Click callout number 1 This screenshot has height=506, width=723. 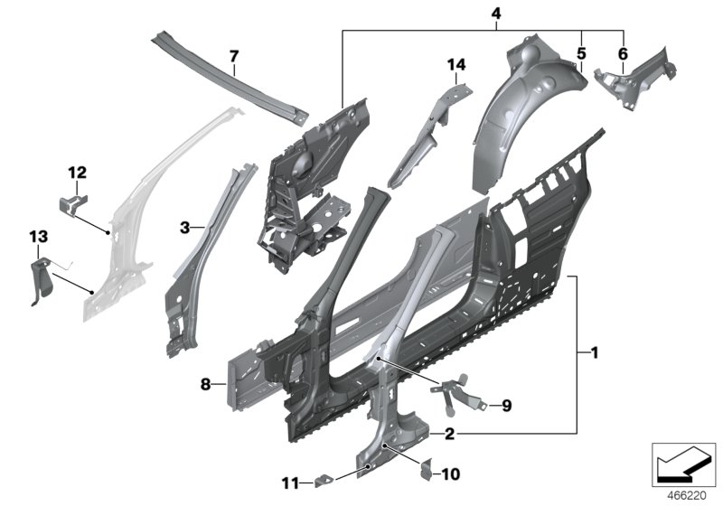coord(594,351)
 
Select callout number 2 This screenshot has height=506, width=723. coord(449,434)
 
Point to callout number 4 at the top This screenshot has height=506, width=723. coord(495,13)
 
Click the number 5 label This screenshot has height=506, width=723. coord(581,53)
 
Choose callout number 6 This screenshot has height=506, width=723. coord(622,53)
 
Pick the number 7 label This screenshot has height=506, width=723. coord(233,57)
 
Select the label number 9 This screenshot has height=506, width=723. coord(506,406)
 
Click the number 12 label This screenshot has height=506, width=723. coord(77,172)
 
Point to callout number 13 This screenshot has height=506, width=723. coord(37,237)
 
